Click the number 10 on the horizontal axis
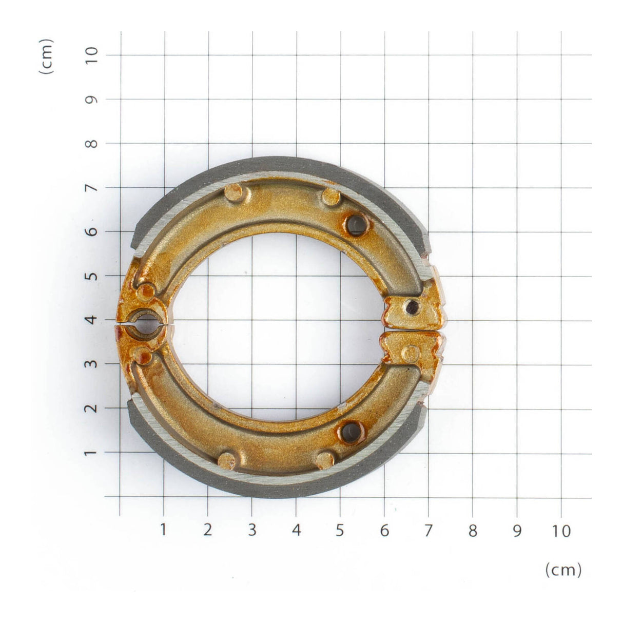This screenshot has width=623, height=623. [562, 531]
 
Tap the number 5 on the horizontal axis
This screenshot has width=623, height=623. [340, 531]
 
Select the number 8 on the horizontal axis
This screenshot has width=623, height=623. [473, 531]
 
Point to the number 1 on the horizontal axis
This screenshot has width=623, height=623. [163, 530]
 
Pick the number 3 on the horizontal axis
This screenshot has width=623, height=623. [251, 531]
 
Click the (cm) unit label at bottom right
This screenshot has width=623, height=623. [563, 569]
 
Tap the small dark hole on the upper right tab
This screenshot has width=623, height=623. [411, 307]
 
